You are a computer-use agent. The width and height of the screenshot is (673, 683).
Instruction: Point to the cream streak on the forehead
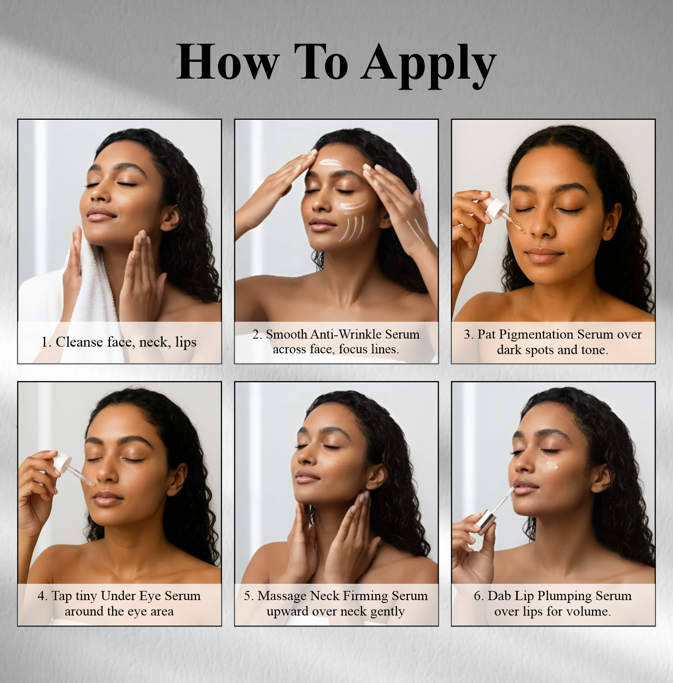pyautogui.click(x=330, y=163)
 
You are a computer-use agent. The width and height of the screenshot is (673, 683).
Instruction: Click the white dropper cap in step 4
pyautogui.click(x=62, y=462)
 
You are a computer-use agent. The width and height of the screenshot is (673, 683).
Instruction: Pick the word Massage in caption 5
pyautogui.click(x=281, y=596)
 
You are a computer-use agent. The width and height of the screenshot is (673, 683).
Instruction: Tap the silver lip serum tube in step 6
pyautogui.click(x=486, y=521)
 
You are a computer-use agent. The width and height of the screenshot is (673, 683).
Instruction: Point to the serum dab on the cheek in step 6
pyautogui.click(x=552, y=465)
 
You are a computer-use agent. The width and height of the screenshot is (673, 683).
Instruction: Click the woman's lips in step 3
pyautogui.click(x=544, y=255)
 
